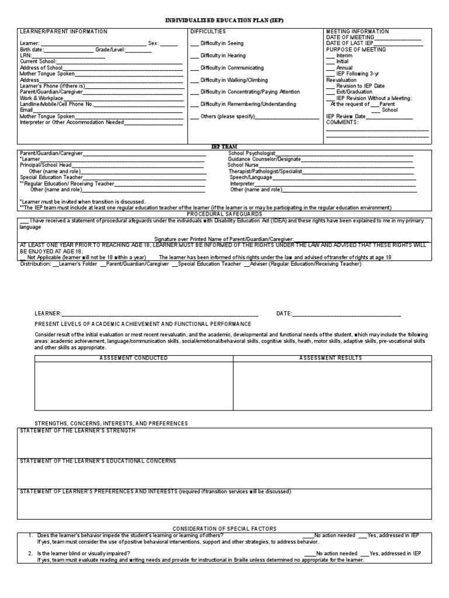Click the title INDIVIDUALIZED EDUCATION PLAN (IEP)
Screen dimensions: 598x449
tap(225, 20)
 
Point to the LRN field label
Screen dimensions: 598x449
tap(26, 55)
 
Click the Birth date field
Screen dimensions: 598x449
tap(68, 50)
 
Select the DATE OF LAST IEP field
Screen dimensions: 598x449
tap(398, 44)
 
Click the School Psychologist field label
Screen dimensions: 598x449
tap(251, 153)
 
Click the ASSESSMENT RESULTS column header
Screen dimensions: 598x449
tap(330, 358)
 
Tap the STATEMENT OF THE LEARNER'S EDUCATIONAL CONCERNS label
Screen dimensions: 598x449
tap(98, 461)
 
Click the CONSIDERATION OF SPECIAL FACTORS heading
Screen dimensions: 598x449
tap(225, 529)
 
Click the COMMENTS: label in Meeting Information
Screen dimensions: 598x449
tap(342, 123)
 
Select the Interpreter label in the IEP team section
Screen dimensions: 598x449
tap(243, 183)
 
